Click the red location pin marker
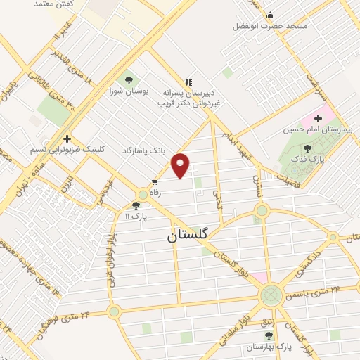click(181, 165)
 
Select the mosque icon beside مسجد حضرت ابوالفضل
click(270, 15)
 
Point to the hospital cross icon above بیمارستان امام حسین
click(319, 118)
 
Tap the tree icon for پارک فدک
click(307, 148)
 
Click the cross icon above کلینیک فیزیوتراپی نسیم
click(67, 139)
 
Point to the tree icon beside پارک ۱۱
click(136, 205)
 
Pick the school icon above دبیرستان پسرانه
click(188, 82)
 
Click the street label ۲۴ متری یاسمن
click(317, 289)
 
